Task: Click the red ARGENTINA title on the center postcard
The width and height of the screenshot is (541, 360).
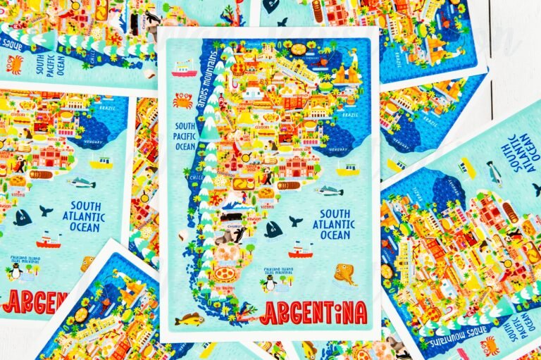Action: [313, 312]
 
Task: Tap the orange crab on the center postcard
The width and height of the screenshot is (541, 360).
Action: [182, 100]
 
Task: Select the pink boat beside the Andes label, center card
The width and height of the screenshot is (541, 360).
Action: [184, 68]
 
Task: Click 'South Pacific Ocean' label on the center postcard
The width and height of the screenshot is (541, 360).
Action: [185, 137]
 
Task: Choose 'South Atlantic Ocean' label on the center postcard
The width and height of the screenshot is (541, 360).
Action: [335, 224]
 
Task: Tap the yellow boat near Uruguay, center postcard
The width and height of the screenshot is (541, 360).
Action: [347, 170]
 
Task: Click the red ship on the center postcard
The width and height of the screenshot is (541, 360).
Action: [300, 249]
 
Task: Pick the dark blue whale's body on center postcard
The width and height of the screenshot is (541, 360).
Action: [273, 229]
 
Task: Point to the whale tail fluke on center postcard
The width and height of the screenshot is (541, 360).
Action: [296, 221]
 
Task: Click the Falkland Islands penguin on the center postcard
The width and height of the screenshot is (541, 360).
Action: [269, 283]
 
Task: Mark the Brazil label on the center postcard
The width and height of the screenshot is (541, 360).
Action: [350, 113]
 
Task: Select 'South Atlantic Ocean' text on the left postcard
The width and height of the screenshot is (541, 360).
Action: [83, 217]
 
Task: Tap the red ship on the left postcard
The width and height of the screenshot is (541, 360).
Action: [49, 240]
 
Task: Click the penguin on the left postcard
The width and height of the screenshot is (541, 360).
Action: [15, 271]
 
